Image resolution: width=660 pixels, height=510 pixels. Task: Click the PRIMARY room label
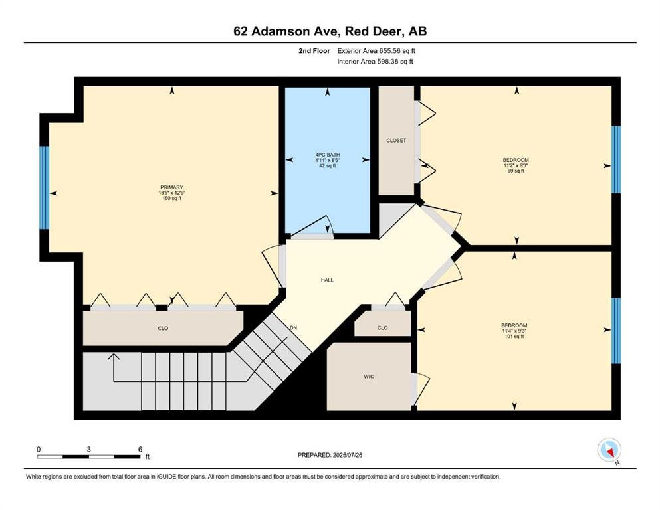point(171,187)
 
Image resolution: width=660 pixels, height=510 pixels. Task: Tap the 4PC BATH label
point(328,155)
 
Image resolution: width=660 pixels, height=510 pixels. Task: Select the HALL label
point(327,280)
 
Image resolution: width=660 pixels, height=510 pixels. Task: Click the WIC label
point(369,377)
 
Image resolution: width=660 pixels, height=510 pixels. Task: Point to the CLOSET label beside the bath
point(396,140)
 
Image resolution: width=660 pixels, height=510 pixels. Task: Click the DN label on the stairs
point(293,328)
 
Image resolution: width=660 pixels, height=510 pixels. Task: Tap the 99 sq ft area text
point(516,171)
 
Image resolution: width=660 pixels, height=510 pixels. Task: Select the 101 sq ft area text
point(514,336)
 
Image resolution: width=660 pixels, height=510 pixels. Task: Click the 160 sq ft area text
point(171,198)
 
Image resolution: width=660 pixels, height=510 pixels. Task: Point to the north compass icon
point(609,450)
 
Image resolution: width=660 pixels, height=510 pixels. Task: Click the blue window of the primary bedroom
point(44,187)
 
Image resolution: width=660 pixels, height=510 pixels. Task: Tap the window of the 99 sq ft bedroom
point(616,159)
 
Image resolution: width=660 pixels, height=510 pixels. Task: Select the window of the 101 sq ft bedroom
point(616,331)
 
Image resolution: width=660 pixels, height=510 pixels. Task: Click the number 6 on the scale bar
point(140,449)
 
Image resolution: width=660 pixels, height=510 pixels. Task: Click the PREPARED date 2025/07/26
point(347,455)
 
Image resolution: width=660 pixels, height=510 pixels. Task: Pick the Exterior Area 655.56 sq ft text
point(376,51)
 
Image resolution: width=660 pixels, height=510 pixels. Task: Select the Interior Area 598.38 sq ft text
point(375,61)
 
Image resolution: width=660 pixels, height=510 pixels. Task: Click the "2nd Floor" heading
point(314,51)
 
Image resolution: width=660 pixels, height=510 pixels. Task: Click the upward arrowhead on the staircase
point(114,357)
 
